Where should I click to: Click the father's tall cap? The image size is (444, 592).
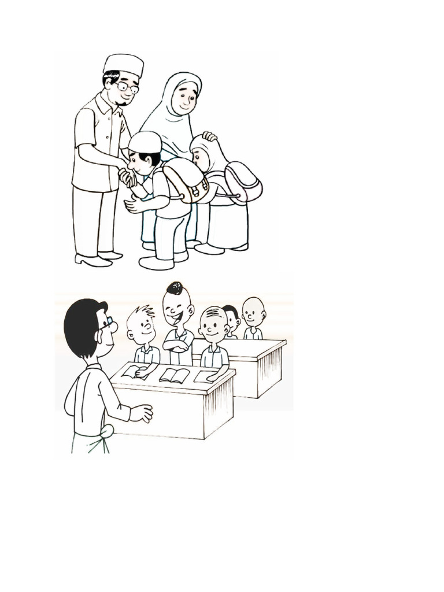click(x=123, y=64)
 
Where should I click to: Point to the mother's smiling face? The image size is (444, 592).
click(x=185, y=98)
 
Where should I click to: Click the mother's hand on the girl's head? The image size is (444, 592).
click(x=209, y=136)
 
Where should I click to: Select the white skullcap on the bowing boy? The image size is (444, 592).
click(x=145, y=142)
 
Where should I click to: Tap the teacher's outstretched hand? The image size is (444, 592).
click(x=142, y=413)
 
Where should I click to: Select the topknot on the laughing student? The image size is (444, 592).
click(x=175, y=288)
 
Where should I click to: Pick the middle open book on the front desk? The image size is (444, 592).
click(x=174, y=375)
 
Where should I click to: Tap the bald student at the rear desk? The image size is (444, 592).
click(x=253, y=312)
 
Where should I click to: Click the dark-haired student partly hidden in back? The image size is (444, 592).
click(x=232, y=318)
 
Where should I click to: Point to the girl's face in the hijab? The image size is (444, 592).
click(x=199, y=157)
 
